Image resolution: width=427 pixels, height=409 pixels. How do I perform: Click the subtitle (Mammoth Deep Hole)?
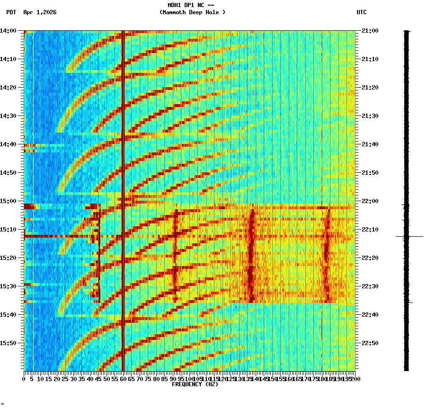192,12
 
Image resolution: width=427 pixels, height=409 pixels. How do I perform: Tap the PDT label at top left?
11,12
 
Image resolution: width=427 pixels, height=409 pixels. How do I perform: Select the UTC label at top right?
362,12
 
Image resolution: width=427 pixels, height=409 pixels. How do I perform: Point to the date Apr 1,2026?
40,12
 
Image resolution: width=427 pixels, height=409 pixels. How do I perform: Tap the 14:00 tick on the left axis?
9,31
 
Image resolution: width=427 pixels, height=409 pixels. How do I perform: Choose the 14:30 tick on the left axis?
9,116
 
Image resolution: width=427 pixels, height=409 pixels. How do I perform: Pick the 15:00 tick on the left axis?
9,201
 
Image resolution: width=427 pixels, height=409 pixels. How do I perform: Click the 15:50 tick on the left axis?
9,343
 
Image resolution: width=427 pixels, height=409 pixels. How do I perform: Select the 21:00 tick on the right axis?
370,31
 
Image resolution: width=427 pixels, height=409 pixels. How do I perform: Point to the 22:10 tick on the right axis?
370,230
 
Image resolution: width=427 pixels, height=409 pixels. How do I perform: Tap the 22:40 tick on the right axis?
370,315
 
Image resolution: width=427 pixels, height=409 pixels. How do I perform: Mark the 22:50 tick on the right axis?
370,343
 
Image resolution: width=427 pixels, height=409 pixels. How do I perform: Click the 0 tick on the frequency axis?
24,379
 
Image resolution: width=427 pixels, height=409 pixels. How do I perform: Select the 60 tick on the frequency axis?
123,379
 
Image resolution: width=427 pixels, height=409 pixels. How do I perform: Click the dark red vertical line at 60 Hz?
123,142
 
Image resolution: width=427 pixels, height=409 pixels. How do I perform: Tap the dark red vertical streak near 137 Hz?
251,256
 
